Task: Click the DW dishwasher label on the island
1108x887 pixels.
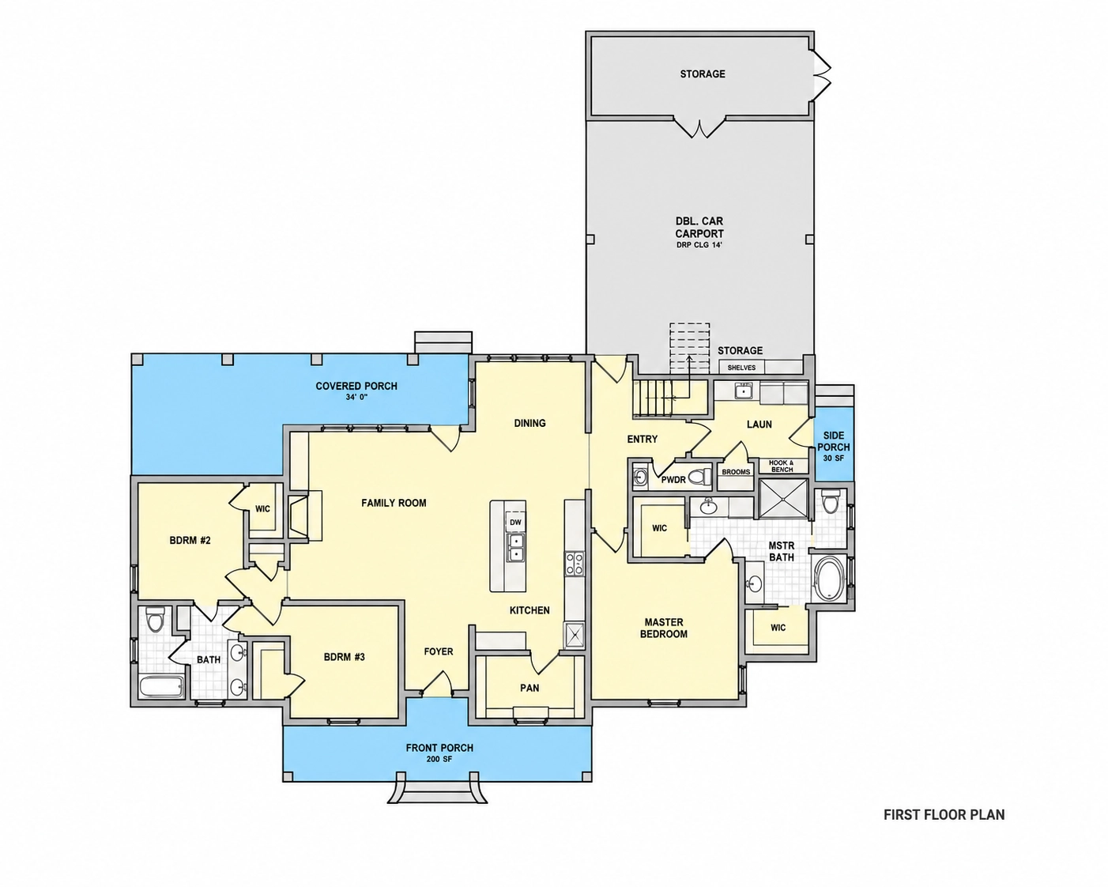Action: [x=515, y=523]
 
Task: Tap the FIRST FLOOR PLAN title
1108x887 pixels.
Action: [x=944, y=814]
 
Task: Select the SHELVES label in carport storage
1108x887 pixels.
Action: [x=741, y=368]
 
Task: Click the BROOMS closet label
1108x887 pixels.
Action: [x=736, y=472]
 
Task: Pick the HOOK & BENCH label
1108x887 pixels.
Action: [x=782, y=466]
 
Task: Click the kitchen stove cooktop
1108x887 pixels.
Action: [x=575, y=563]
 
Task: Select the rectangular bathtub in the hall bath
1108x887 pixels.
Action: [x=162, y=687]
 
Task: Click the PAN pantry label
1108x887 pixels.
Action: [x=530, y=688]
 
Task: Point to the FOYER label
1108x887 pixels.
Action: [x=439, y=651]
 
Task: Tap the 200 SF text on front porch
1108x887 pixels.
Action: [x=439, y=759]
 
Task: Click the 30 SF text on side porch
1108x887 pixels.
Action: [x=834, y=459]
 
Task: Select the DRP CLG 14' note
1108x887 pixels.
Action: [x=699, y=245]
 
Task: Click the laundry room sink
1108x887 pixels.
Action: [x=744, y=392]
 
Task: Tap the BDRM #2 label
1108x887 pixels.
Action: [x=190, y=540]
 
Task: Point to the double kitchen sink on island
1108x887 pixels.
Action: [x=515, y=548]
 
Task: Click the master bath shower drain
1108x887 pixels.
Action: [x=784, y=497]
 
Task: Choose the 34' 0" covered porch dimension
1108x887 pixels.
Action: [x=356, y=397]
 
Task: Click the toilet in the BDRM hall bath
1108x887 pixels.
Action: [x=154, y=620]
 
